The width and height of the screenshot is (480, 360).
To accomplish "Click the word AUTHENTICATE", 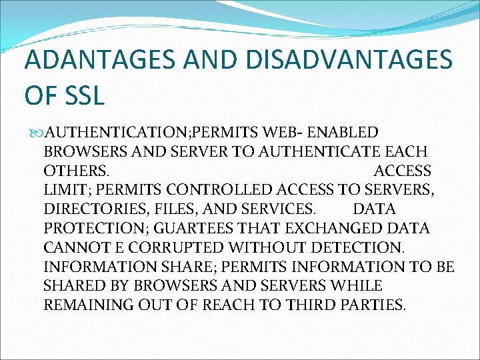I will [329, 151].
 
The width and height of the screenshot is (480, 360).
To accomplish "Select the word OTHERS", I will [76, 171].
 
